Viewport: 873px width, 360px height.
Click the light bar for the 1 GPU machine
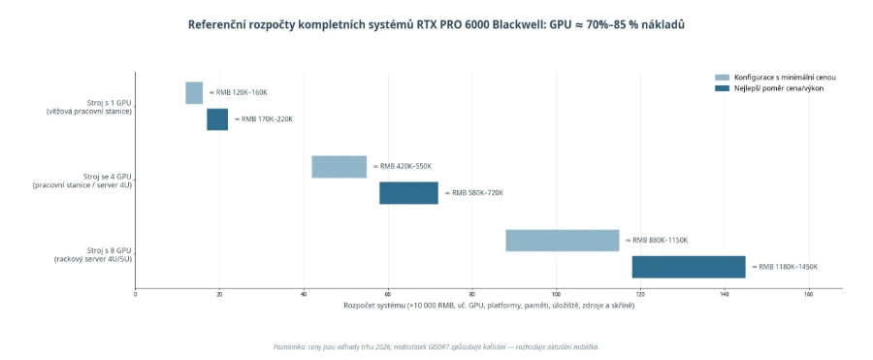click(x=194, y=92)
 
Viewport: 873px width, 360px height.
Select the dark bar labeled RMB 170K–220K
click(x=217, y=119)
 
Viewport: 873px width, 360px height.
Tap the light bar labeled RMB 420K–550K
click(x=339, y=167)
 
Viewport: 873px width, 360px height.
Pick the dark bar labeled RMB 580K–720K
click(x=408, y=193)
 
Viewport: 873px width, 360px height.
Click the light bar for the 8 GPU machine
click(x=563, y=241)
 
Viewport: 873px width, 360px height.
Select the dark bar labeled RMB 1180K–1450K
click(x=689, y=267)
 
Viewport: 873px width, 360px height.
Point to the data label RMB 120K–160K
click(x=239, y=92)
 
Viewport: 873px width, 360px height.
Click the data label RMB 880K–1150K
click(x=657, y=241)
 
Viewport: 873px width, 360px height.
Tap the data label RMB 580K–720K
click(x=473, y=193)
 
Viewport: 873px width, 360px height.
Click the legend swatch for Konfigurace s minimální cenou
click(x=722, y=78)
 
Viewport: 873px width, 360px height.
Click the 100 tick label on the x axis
click(x=556, y=294)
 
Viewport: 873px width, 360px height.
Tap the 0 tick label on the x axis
click(x=135, y=294)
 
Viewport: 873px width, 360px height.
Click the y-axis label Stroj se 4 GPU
click(x=109, y=177)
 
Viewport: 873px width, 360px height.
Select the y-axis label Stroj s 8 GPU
click(x=110, y=250)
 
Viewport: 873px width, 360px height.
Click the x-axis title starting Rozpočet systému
click(x=489, y=306)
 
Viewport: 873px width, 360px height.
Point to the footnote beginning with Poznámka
click(x=436, y=346)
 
